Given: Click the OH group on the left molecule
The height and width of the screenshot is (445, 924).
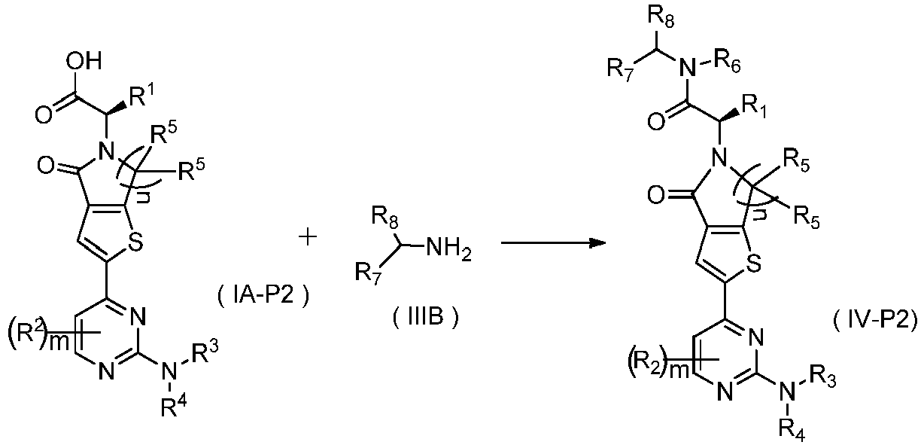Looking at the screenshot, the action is pos(84,62).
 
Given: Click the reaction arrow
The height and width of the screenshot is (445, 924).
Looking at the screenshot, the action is pos(553,242).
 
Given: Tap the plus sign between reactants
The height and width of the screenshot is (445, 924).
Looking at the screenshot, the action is pos(308,238).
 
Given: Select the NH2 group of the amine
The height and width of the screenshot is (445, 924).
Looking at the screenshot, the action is pos(448,250).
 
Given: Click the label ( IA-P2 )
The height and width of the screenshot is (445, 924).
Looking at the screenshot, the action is pos(263,296).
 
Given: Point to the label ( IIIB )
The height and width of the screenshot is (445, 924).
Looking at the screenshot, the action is pos(425,318).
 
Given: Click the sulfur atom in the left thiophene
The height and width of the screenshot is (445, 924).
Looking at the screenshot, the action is pos(135,242).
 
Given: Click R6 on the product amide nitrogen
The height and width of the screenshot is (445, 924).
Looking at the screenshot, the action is pos(728,64).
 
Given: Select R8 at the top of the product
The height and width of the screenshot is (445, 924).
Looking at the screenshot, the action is pos(661,17).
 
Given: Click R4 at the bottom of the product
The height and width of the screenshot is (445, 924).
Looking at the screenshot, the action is pos(791,431).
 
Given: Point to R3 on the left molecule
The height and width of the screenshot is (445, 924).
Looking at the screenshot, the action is pos(204,352).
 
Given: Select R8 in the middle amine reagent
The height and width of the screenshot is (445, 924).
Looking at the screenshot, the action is pos(385,217).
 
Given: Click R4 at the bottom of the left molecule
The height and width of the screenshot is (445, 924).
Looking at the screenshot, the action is pos(173,406).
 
